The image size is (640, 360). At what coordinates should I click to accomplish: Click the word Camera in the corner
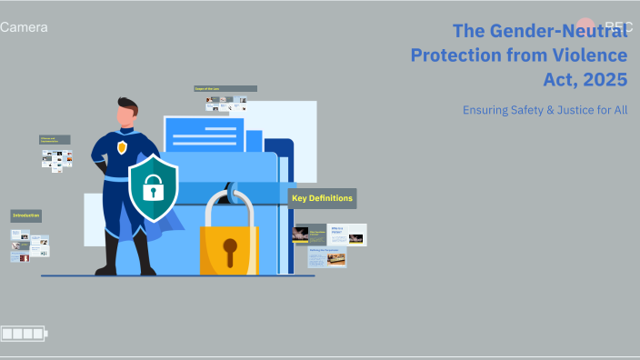[25, 27]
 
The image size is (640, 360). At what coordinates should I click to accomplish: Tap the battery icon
[24, 335]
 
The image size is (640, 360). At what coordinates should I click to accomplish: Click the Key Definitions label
[322, 198]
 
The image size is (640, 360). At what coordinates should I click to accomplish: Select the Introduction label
[25, 216]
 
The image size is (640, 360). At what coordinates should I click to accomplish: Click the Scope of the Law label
[225, 89]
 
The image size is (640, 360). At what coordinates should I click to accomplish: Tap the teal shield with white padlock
[153, 189]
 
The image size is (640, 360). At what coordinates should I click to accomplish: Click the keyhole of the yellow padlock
[230, 247]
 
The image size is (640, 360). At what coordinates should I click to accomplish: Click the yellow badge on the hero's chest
[122, 147]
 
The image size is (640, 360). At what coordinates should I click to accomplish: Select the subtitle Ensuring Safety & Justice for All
[545, 110]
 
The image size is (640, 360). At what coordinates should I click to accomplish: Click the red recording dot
[586, 27]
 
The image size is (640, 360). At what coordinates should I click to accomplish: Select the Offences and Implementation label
[55, 140]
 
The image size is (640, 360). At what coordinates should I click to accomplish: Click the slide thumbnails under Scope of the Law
[225, 105]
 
